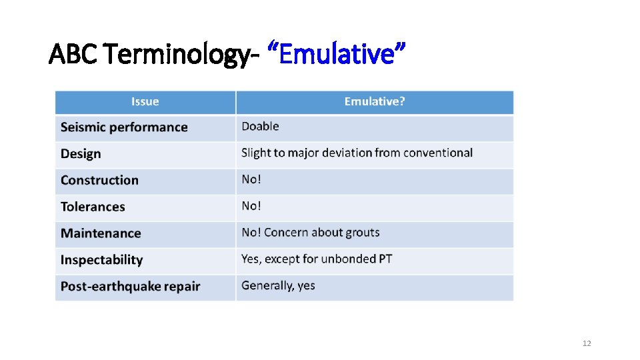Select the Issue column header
click(x=145, y=101)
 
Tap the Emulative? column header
click(x=374, y=101)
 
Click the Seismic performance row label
click(x=124, y=127)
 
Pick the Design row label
click(x=81, y=154)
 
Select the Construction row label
click(x=99, y=180)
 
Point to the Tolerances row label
click(x=93, y=207)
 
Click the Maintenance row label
click(x=101, y=233)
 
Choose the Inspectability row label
click(x=101, y=260)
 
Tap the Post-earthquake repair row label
click(x=130, y=287)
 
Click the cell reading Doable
click(x=260, y=127)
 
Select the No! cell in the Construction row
click(x=251, y=179)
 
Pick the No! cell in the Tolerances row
click(x=251, y=206)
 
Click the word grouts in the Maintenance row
click(x=362, y=233)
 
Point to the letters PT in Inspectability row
click(x=385, y=259)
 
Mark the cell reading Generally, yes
click(x=278, y=285)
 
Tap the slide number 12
click(x=587, y=343)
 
